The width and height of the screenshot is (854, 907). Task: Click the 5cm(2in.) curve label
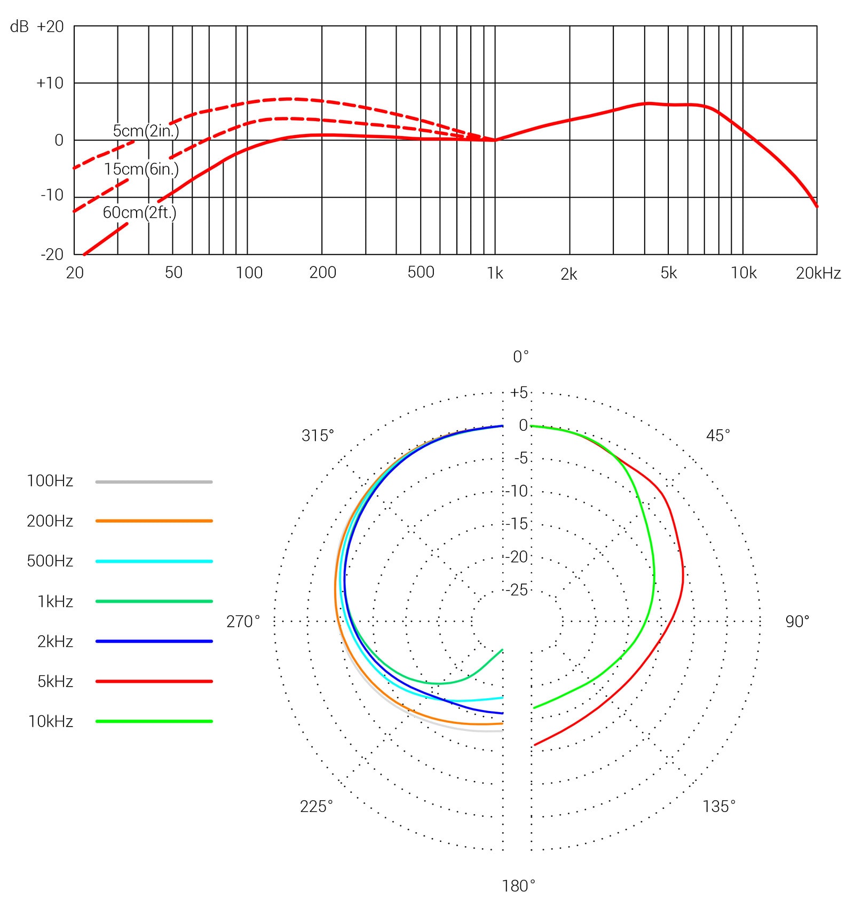tap(146, 131)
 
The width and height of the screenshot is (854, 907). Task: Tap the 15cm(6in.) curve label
tap(141, 170)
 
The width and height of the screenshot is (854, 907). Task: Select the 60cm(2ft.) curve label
tap(139, 212)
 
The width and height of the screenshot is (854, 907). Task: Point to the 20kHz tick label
tap(818, 274)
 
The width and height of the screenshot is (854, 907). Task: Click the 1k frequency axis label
tap(495, 274)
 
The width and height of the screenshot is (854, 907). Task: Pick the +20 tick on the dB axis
tap(50, 27)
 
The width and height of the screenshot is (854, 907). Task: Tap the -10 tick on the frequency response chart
tap(52, 195)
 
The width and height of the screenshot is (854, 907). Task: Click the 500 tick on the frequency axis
tap(421, 273)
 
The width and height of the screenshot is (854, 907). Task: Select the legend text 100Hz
tap(50, 481)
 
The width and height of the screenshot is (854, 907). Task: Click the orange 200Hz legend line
tap(154, 520)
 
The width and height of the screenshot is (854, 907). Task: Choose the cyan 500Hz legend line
tap(154, 562)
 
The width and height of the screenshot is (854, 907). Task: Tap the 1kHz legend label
tap(55, 602)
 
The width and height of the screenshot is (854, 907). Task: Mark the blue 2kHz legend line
tap(154, 641)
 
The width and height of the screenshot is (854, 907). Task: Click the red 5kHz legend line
tap(154, 681)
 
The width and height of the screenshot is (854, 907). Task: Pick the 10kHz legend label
tap(51, 722)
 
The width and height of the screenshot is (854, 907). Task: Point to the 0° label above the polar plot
tap(520, 357)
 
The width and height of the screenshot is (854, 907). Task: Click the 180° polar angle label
tap(518, 887)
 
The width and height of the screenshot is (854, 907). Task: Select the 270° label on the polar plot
tap(243, 621)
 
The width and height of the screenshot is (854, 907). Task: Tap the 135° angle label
tap(719, 806)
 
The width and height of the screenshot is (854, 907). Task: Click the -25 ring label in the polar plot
tap(517, 590)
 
